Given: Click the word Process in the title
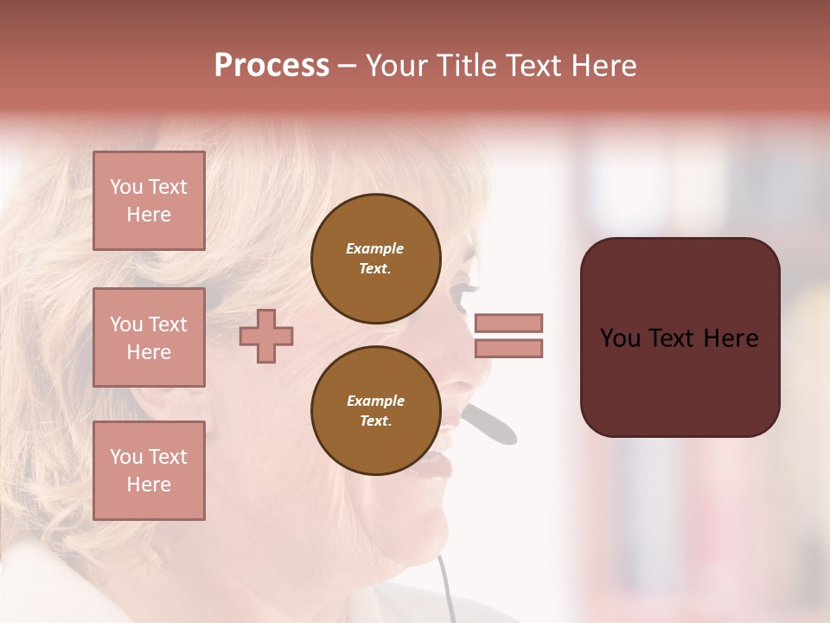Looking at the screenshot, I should (x=271, y=65).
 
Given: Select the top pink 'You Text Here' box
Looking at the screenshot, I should (x=149, y=201).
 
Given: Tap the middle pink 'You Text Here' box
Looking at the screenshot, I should (x=149, y=337).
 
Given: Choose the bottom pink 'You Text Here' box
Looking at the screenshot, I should (x=149, y=471).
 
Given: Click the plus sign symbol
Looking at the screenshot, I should (x=266, y=336).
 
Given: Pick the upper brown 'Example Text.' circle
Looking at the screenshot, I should (x=375, y=259).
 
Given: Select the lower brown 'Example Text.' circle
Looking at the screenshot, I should (x=375, y=410).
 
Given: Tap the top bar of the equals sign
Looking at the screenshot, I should (x=508, y=323).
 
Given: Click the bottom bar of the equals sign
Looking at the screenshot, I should (x=508, y=348).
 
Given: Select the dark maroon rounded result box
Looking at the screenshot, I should (x=680, y=337).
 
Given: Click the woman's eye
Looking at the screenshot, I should (x=468, y=289).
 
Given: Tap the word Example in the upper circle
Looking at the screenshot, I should (x=375, y=248).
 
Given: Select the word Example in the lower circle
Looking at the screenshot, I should (x=375, y=401).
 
